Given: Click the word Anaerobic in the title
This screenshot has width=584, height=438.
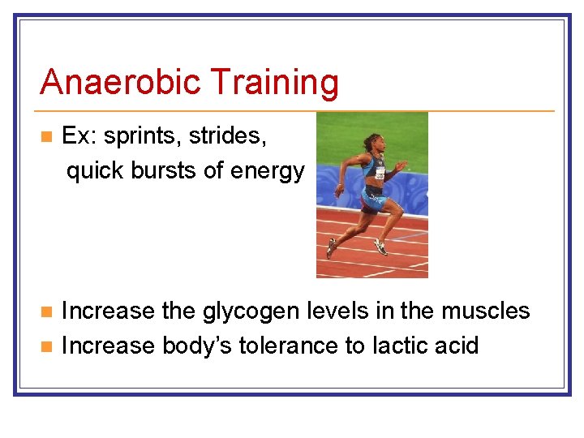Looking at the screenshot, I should [x=121, y=82].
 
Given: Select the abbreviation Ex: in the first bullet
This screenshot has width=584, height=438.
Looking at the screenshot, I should [x=79, y=136].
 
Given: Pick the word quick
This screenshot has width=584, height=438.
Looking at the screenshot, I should [x=92, y=172].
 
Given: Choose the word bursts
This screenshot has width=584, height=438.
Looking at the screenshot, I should [x=157, y=171].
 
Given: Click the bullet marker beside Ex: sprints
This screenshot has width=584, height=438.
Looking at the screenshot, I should [x=46, y=136].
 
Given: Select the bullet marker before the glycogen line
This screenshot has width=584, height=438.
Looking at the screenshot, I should [x=46, y=311].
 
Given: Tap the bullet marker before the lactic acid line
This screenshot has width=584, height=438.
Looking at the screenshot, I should [x=46, y=346].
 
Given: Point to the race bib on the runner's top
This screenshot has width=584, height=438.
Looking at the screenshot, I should [x=380, y=172].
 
